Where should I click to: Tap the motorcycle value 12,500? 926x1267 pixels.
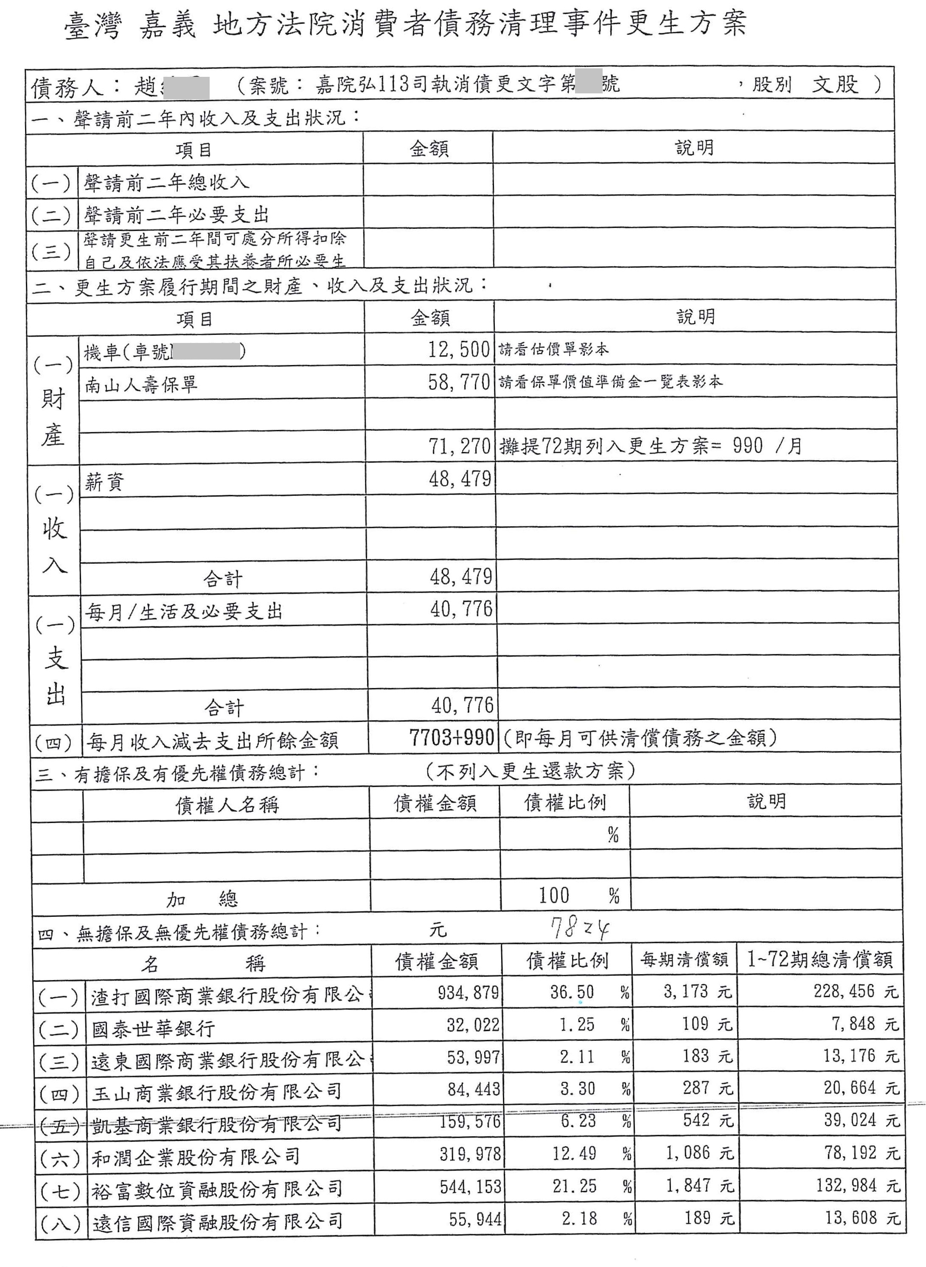tap(458, 350)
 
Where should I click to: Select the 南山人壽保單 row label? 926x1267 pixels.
tap(141, 385)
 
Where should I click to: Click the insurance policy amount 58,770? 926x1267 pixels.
tap(458, 382)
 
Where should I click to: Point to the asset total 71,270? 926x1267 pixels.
tap(459, 446)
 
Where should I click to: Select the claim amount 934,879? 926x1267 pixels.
tap(468, 993)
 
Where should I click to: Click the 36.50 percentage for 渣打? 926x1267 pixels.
tap(572, 992)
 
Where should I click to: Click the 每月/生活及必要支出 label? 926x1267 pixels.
tap(183, 612)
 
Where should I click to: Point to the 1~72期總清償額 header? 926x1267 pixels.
tap(819, 960)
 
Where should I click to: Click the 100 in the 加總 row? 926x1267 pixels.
tap(554, 895)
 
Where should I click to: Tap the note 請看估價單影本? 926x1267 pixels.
tap(553, 350)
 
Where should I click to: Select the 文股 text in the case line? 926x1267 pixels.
tap(835, 84)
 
